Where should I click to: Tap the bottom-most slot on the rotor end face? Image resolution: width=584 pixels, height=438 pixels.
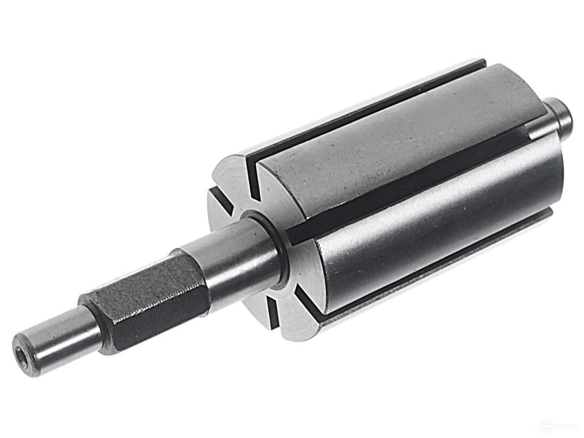pos(273,313)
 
